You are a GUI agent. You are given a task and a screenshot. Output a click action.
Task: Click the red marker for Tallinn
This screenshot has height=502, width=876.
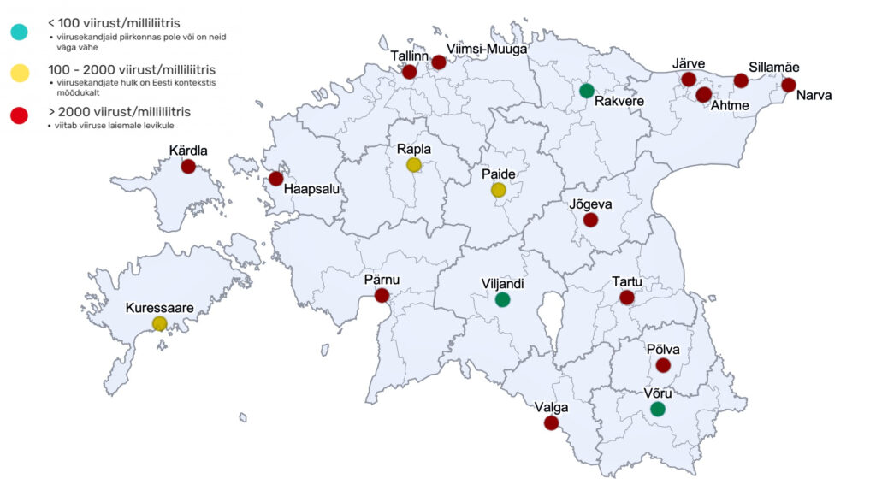[409, 73]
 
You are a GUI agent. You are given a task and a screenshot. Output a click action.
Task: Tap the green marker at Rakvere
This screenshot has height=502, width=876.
[586, 91]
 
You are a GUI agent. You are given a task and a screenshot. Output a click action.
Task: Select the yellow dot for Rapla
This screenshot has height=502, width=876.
[413, 164]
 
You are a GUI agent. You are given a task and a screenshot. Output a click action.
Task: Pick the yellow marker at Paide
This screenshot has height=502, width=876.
[499, 190]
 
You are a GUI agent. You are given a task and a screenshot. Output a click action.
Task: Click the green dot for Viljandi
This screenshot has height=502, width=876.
[502, 299]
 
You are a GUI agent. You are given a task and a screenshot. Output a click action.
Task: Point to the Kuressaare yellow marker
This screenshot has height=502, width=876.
[159, 323]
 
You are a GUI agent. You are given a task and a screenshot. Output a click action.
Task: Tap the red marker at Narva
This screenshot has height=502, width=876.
[788, 85]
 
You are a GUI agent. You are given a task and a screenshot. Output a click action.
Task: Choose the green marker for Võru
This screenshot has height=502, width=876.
[657, 409]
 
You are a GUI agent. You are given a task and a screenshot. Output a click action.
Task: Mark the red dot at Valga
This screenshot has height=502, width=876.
[551, 422]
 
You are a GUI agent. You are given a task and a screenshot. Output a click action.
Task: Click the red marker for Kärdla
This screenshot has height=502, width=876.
[188, 167]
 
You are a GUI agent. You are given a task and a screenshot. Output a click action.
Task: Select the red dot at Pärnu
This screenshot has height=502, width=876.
[382, 296]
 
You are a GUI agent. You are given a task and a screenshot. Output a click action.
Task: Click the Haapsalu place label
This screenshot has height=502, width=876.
[314, 191]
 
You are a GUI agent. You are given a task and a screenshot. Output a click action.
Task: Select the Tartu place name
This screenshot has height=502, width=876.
[627, 282]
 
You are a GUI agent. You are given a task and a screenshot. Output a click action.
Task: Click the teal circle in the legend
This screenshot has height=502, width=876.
[19, 32]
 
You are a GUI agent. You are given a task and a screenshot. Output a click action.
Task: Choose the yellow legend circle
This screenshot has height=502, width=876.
[19, 73]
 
